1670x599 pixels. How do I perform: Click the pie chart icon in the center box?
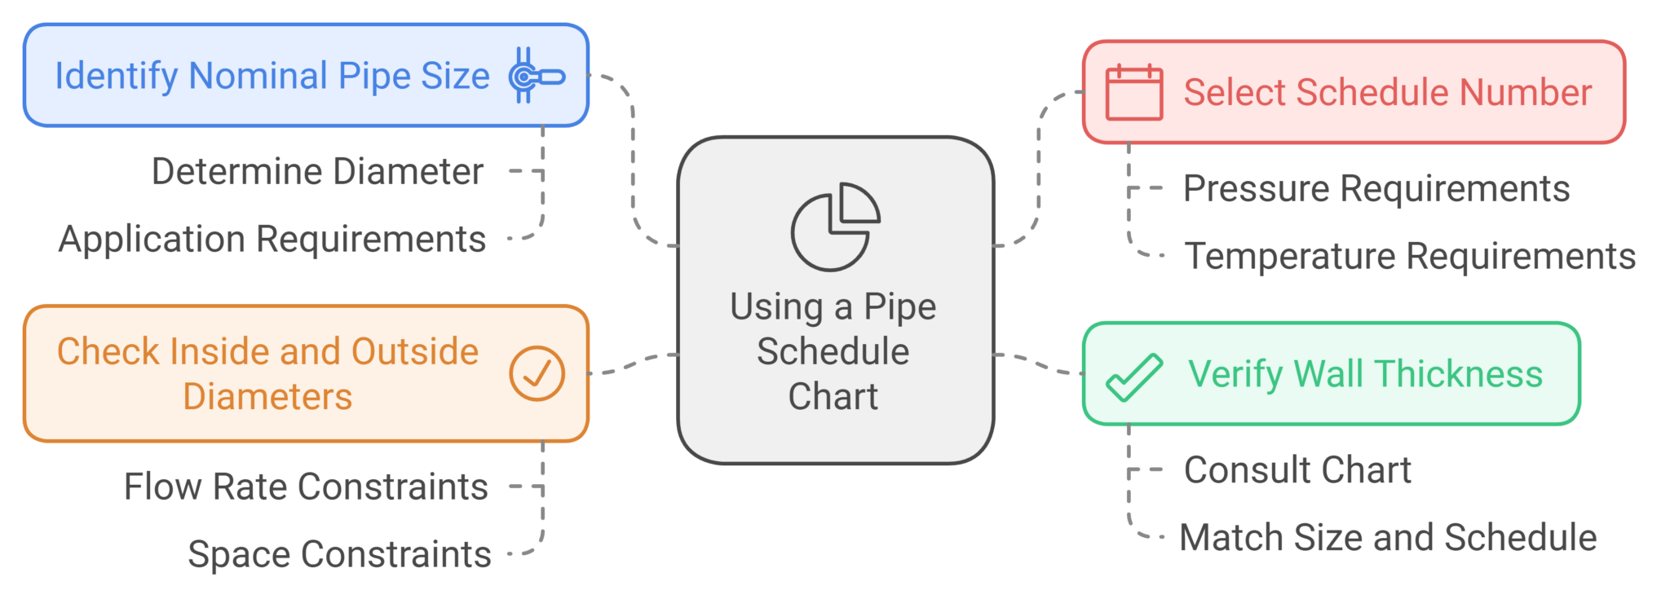pos(835,227)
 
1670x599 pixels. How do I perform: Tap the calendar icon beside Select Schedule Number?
pos(1133,92)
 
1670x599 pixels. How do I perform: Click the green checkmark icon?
pos(1133,377)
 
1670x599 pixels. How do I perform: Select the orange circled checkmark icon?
pos(537,373)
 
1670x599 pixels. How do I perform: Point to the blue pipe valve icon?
pos(534,76)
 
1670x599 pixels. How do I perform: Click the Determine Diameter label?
pos(317,171)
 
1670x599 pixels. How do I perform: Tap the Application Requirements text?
pos(272,239)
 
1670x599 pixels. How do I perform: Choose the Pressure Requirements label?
pos(1376,188)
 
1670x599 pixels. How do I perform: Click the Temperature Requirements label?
pos(1409,256)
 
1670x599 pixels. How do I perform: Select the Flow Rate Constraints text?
pos(306,487)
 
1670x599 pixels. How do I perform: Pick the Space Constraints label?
pos(339,554)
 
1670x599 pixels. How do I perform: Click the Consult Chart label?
pos(1297,470)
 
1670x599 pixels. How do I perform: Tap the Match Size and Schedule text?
pos(1387,538)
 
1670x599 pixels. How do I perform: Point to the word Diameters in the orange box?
pos(267,397)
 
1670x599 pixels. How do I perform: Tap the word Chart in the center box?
pos(833,396)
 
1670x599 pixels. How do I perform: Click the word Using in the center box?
pos(776,307)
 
